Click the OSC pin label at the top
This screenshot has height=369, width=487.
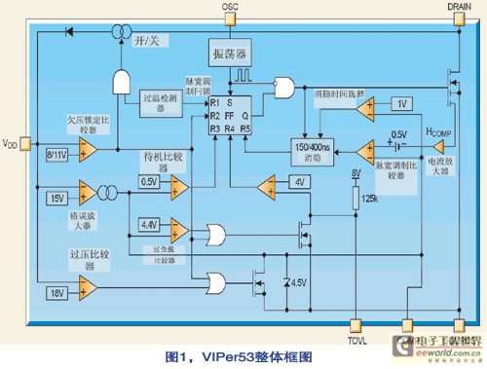230,7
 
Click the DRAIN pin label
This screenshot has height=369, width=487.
459,7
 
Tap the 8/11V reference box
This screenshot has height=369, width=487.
57,155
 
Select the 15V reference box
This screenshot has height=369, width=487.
56,199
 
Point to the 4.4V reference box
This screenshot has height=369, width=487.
148,226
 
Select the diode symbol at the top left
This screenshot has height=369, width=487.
68,30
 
